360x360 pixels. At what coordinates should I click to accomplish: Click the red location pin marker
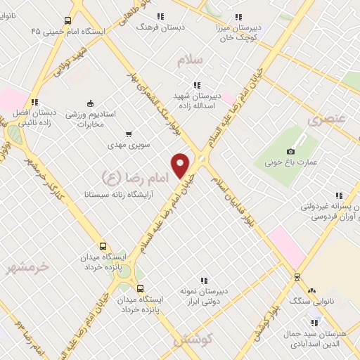pyautogui.click(x=181, y=165)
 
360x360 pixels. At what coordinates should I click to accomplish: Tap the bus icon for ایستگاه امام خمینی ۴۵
pyautogui.click(x=67, y=21)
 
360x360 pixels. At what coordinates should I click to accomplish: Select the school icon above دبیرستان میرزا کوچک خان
pyautogui.click(x=238, y=17)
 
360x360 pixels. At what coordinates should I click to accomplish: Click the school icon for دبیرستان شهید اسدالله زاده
pyautogui.click(x=197, y=85)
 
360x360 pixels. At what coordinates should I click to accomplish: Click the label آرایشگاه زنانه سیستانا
pyautogui.click(x=115, y=192)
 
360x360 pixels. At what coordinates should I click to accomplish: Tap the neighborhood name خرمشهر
pyautogui.click(x=29, y=266)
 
